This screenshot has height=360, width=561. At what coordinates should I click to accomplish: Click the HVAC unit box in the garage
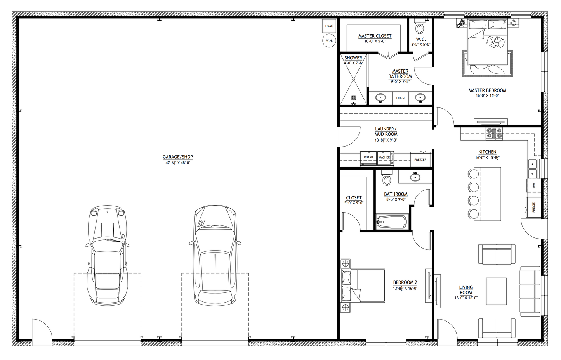(x=329, y=26)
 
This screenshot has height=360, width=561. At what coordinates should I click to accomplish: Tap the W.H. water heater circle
(x=329, y=40)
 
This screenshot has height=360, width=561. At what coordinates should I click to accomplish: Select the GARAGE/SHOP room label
(x=178, y=157)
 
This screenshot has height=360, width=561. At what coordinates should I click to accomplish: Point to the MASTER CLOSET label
(x=375, y=36)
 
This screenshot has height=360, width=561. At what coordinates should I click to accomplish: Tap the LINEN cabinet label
(x=400, y=98)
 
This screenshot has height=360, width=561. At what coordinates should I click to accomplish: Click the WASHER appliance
(x=384, y=157)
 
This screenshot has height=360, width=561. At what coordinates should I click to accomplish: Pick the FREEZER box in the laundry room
(x=420, y=159)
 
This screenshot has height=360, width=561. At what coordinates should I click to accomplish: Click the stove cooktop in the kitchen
(x=494, y=133)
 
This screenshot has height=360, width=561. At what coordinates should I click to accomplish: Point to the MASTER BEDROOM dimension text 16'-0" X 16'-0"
(x=487, y=95)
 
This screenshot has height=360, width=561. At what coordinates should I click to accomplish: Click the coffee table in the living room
(x=496, y=291)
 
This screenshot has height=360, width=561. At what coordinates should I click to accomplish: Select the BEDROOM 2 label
(x=405, y=282)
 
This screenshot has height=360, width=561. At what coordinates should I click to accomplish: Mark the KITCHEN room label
(x=487, y=152)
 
